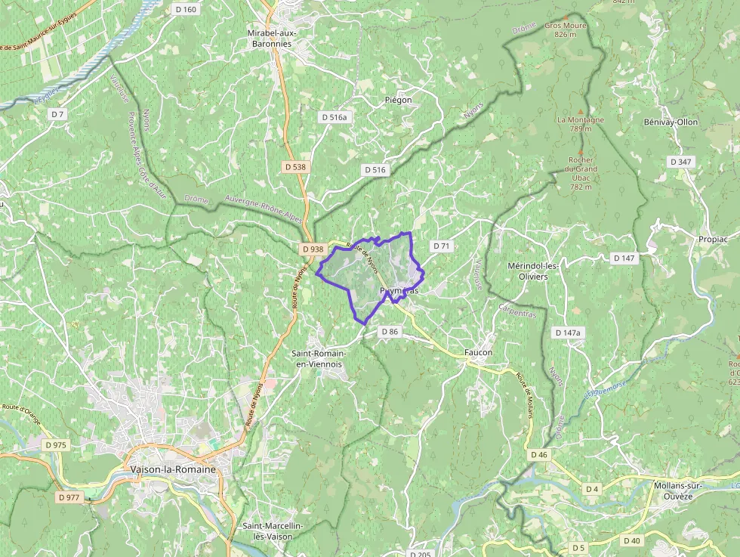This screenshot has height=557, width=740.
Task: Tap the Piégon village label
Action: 398,100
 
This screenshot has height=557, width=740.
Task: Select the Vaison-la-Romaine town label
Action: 173,469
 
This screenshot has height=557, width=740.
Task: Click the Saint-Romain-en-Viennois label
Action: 319,358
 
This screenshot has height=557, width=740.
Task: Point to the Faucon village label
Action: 479,352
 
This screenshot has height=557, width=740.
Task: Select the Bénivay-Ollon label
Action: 671,122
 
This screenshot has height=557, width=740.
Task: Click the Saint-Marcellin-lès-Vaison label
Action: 273,531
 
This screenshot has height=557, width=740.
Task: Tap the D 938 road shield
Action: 312,249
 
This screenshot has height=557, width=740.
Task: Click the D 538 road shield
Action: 296,166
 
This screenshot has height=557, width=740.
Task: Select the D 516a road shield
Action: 334,117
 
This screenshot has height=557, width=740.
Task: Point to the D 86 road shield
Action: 389,332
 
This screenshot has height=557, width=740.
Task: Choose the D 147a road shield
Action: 567,333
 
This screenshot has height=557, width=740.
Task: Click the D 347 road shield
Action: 680,162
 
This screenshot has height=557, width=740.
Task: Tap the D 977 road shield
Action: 69,497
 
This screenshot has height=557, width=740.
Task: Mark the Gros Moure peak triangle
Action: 566,16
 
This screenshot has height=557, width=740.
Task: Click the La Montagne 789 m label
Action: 581,124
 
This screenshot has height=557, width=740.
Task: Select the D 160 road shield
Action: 185,10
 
